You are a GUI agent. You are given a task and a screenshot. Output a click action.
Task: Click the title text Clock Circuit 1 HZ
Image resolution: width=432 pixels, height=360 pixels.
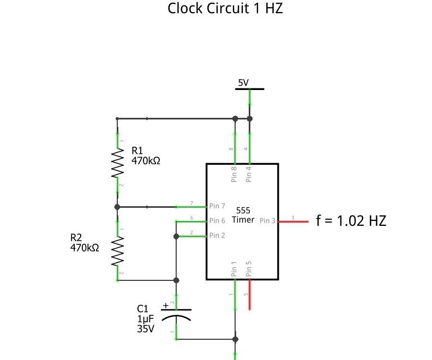(x=225, y=9)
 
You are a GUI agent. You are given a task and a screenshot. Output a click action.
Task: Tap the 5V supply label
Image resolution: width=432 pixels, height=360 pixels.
(x=243, y=83)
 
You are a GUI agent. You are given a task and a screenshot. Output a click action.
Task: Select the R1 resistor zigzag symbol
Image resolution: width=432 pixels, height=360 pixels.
(x=117, y=164)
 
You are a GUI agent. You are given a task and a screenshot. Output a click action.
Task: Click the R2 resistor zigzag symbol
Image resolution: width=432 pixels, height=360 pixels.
(x=117, y=251)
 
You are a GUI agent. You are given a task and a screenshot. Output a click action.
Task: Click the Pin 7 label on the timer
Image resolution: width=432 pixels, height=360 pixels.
(x=217, y=206)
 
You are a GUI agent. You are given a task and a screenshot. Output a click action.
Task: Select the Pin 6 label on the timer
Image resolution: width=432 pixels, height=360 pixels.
(x=217, y=221)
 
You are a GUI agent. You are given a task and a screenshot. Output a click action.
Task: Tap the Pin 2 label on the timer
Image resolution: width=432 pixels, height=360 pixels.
(x=217, y=236)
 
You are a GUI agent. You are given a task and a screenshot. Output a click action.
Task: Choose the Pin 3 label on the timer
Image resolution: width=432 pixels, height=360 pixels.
(x=267, y=221)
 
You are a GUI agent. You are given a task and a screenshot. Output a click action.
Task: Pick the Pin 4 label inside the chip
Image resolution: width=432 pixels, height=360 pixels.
(x=249, y=175)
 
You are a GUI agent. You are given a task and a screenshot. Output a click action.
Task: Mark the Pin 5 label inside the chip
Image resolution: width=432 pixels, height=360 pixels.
(x=249, y=269)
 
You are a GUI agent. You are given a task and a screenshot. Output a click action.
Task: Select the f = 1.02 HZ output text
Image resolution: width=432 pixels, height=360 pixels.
(x=351, y=221)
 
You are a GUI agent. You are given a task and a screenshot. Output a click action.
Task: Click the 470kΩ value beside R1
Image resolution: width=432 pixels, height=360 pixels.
(x=146, y=161)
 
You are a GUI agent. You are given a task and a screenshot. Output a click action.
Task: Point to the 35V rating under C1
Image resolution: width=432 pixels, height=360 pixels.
(x=146, y=329)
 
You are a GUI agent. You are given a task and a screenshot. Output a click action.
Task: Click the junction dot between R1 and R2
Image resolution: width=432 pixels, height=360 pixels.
(x=117, y=207)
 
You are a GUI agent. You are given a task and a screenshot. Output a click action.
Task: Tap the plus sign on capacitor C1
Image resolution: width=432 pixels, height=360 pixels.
(x=166, y=305)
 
